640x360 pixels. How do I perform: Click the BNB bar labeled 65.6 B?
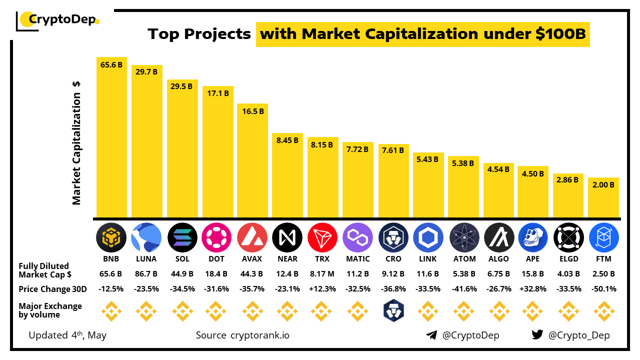pyautogui.click(x=111, y=137)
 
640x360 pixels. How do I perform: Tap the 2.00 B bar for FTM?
pyautogui.click(x=603, y=197)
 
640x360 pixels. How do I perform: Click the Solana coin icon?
pyautogui.click(x=182, y=236)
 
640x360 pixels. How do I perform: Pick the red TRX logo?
pyautogui.click(x=322, y=236)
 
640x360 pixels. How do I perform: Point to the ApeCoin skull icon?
pyautogui.click(x=533, y=236)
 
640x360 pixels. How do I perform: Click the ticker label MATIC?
pyautogui.click(x=358, y=259)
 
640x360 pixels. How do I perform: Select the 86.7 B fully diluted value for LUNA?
pyautogui.click(x=146, y=274)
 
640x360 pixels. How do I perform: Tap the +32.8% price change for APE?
pyautogui.click(x=533, y=289)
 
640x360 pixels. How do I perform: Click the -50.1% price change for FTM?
pyautogui.click(x=603, y=289)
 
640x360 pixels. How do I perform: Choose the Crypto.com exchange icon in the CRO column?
pyautogui.click(x=393, y=311)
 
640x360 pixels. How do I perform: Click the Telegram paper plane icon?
pyautogui.click(x=431, y=335)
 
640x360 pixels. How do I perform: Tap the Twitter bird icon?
pyautogui.click(x=537, y=335)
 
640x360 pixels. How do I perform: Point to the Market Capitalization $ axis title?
pyautogui.click(x=76, y=143)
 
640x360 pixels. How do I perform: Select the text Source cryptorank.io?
pyautogui.click(x=242, y=335)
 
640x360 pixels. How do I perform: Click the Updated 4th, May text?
pyautogui.click(x=67, y=335)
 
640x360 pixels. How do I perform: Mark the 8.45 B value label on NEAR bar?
pyautogui.click(x=287, y=141)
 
